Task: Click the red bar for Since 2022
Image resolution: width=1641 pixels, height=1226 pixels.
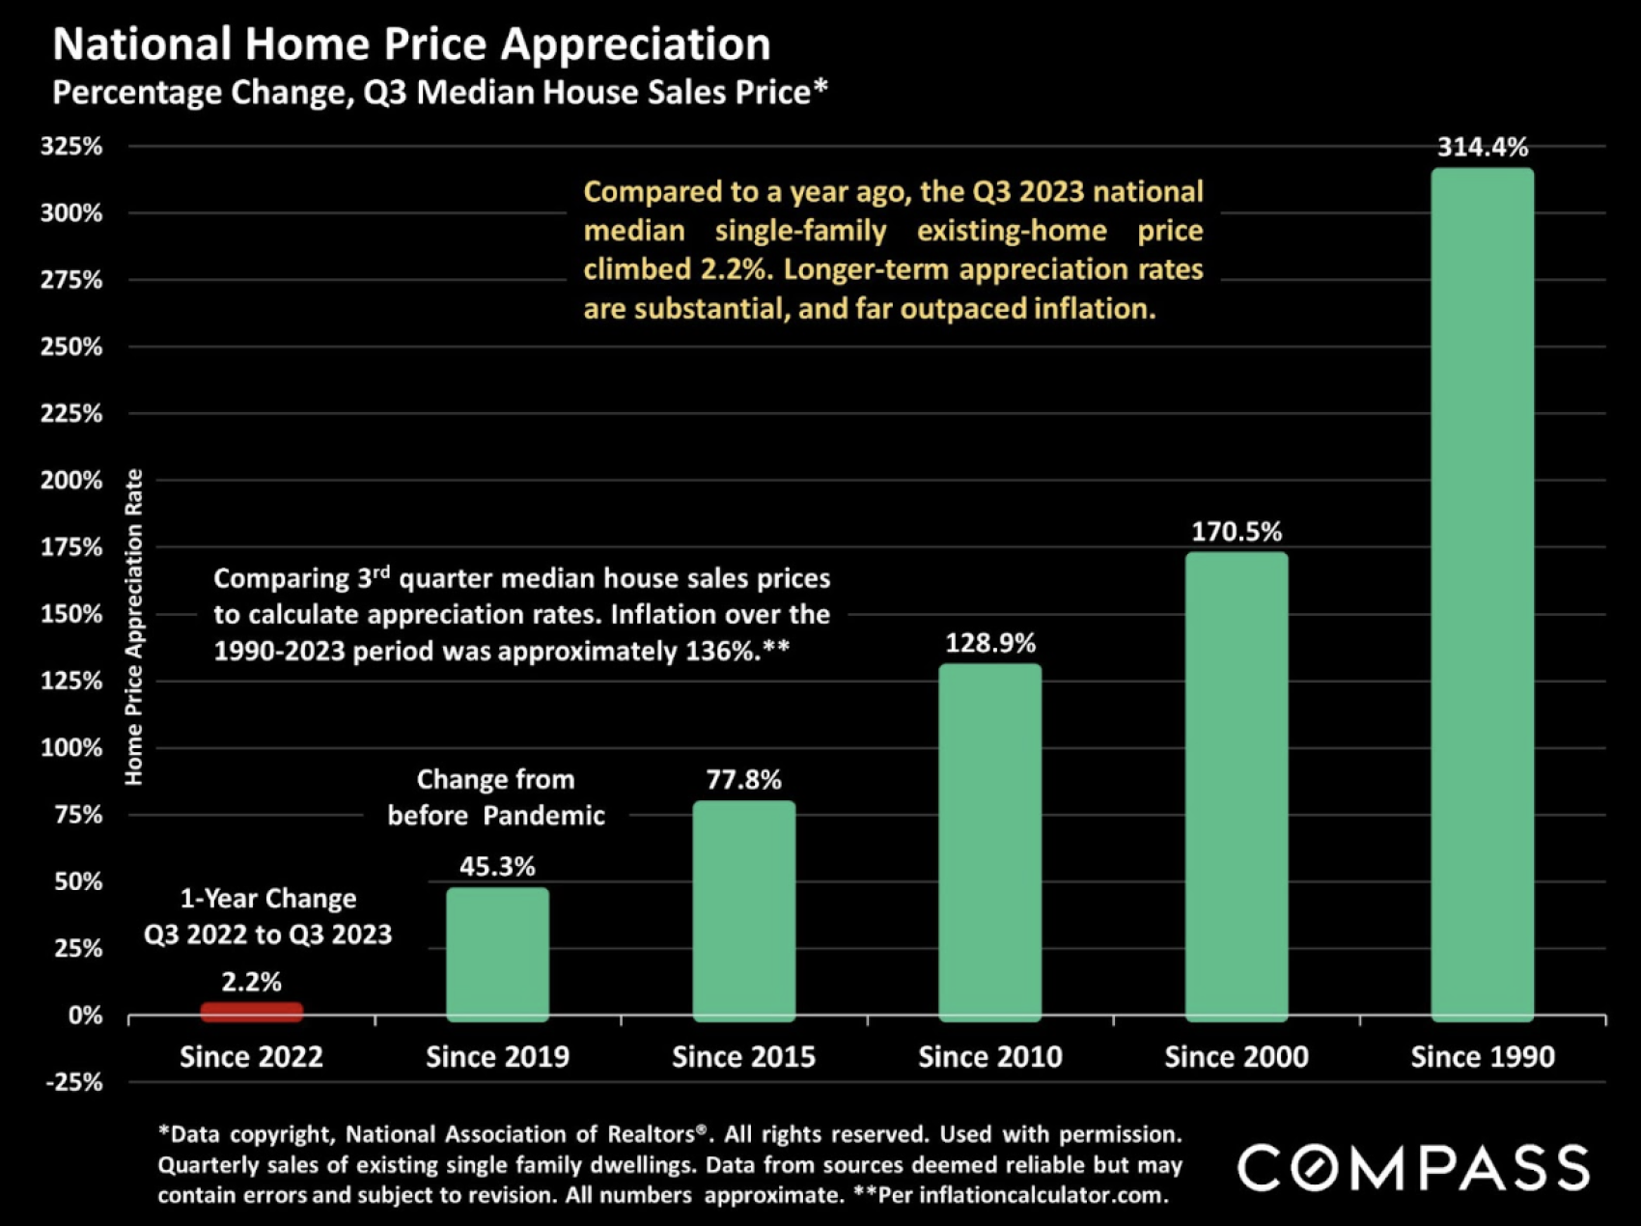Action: tap(251, 1011)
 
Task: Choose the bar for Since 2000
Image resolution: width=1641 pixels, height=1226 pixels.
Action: tap(1237, 786)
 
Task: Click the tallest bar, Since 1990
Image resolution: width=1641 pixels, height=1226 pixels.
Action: tap(1483, 594)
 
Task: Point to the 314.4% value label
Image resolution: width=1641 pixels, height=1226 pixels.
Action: tap(1483, 147)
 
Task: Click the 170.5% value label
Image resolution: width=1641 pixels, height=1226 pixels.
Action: tap(1237, 532)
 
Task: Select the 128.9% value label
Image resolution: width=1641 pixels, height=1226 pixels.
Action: tap(989, 643)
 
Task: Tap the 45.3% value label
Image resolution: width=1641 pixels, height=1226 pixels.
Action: tap(497, 866)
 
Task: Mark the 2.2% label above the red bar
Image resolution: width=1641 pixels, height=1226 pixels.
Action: tap(251, 982)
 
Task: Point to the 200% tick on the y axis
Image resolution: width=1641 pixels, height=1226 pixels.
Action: tap(71, 480)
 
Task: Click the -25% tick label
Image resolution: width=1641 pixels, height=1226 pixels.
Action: tap(73, 1082)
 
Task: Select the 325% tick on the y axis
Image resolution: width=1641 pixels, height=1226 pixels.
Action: tap(71, 146)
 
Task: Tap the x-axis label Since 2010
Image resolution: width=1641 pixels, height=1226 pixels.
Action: tap(989, 1057)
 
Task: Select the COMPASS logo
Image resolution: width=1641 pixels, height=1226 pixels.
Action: tap(1413, 1167)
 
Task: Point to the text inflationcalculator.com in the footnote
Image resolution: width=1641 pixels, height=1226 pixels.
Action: tap(1042, 1195)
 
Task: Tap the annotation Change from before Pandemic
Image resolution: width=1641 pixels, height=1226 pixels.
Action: tap(496, 797)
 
